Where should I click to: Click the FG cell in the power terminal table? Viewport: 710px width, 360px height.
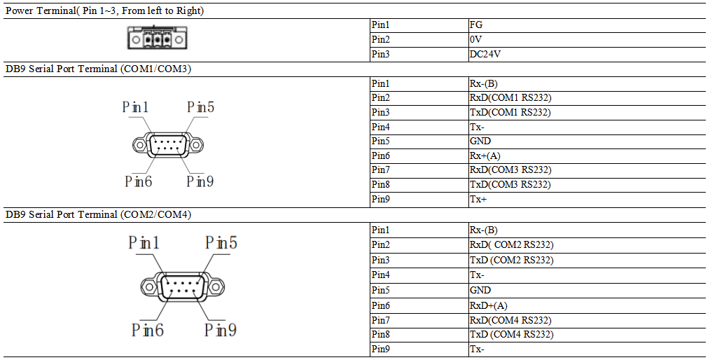tap(476, 25)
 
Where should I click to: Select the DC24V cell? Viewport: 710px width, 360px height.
tap(485, 54)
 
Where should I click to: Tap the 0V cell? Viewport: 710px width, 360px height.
tap(476, 40)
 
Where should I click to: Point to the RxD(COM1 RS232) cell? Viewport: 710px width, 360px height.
tap(506, 98)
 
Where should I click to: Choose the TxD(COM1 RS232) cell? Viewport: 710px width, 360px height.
tap(506, 112)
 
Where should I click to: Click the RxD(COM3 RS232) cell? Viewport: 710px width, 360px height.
tap(506, 170)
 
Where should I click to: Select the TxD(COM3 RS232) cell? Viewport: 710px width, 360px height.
tap(506, 185)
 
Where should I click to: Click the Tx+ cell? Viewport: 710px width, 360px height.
tap(478, 200)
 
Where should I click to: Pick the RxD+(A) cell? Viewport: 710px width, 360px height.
tap(488, 305)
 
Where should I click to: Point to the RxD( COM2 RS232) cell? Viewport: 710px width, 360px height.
tap(512, 245)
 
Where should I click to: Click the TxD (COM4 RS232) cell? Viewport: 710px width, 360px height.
tap(512, 334)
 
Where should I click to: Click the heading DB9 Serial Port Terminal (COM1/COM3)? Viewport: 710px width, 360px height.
tap(98, 69)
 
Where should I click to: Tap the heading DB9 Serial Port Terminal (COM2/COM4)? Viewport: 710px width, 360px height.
tap(98, 215)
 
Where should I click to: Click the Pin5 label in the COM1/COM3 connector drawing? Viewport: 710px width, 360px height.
tap(200, 107)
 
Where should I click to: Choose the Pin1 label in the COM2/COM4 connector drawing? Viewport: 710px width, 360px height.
tap(144, 243)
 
